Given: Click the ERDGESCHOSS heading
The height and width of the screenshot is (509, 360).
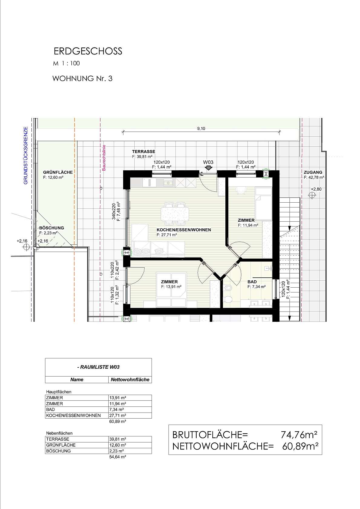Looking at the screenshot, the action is point(88,51).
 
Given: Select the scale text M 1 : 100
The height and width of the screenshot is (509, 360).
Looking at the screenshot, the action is point(66,64).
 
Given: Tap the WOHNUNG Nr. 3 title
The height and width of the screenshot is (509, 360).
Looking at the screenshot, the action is point(82,79).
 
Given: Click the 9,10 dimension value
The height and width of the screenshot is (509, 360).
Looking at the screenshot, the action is point(201,129).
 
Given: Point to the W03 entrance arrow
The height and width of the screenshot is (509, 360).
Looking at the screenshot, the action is point(208,168).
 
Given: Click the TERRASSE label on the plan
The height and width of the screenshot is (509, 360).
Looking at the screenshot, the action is point(144,152).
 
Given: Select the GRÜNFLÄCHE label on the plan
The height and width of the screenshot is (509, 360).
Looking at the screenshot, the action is point(58,172).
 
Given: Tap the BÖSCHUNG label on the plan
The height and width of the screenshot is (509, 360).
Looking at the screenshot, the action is point(52,228).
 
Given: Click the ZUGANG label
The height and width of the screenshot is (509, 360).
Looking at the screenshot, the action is point(313,172).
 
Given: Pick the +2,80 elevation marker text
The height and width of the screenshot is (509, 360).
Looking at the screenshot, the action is point(316,189).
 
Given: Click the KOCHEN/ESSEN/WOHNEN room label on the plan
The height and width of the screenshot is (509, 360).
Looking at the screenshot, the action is point(184,230).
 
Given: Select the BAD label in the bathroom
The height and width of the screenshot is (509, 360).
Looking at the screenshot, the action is point(252,282).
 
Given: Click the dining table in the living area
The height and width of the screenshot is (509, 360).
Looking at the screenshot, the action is point(175,214).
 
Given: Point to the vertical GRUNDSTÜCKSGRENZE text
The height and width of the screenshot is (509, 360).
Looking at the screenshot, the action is point(26,155).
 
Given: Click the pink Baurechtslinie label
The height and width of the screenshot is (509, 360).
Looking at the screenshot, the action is point(104,158).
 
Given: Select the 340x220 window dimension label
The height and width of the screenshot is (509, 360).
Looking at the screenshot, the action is point(113,211).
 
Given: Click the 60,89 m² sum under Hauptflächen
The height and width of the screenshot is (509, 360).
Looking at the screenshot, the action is point(117,421).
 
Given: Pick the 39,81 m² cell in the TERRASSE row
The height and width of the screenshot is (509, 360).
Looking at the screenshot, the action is point(117,439).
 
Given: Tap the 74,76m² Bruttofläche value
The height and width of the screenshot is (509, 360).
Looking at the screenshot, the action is point(299,435).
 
